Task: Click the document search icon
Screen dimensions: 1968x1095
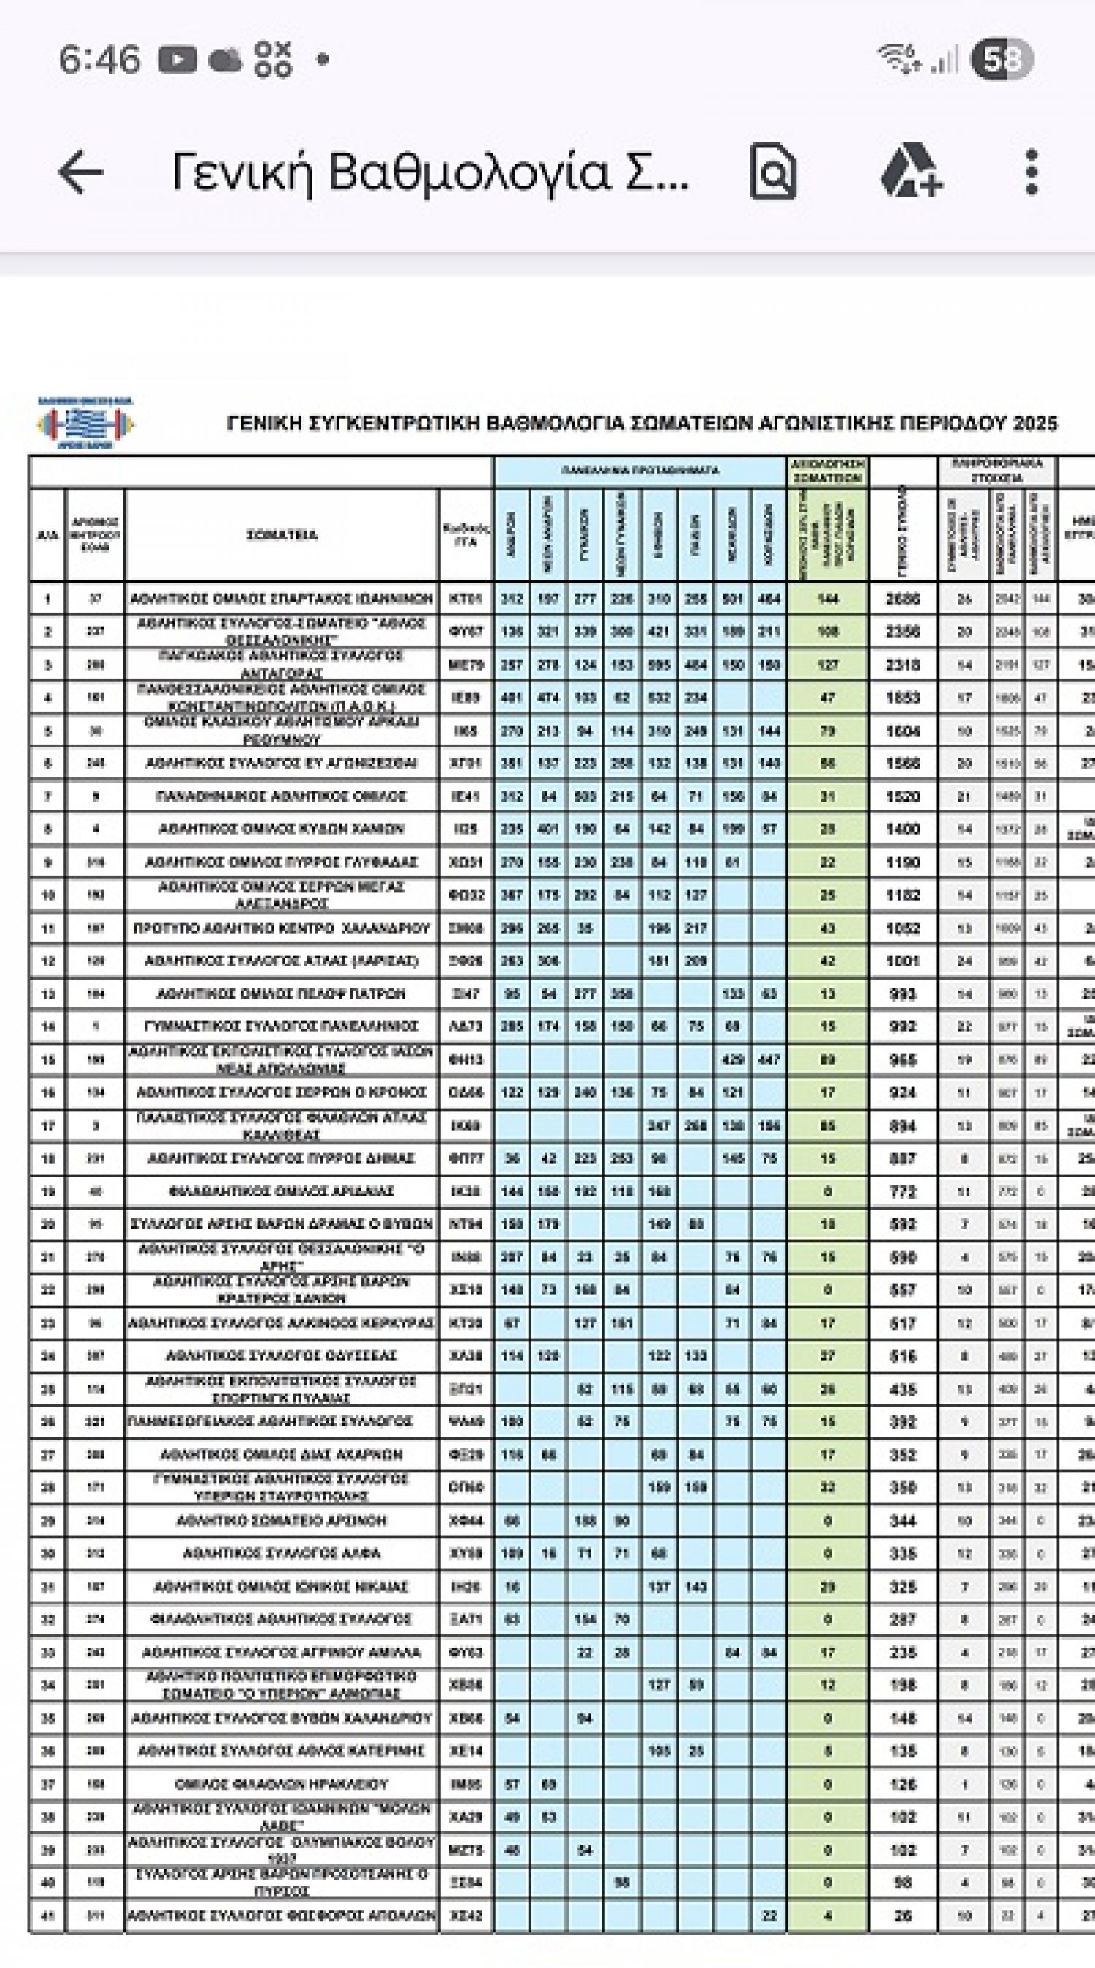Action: pos(772,172)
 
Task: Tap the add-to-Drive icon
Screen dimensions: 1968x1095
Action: pos(911,172)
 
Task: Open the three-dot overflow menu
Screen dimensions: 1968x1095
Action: pos(1031,172)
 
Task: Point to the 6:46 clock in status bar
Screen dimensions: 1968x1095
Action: pos(99,59)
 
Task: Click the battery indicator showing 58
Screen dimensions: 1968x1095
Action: pos(1002,59)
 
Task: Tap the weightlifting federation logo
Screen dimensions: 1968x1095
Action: pos(85,423)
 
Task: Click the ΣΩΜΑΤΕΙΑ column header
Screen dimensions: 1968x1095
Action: pos(281,535)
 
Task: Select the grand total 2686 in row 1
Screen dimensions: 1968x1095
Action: pos(902,599)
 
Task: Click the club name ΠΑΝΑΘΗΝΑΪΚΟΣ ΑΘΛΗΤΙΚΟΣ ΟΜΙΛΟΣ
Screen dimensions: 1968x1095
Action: pos(281,796)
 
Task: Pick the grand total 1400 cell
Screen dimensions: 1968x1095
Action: pos(902,829)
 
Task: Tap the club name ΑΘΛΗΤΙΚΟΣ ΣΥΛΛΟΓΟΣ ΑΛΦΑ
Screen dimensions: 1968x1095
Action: pos(281,1553)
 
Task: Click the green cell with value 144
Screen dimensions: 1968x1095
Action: pos(828,599)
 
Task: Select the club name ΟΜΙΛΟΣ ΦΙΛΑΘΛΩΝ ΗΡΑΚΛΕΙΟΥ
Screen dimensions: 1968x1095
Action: pos(281,1784)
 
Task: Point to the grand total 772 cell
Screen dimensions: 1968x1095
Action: pos(902,1191)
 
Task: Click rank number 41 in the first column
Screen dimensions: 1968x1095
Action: pos(47,1915)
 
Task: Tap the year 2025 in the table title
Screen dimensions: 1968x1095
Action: pos(1035,423)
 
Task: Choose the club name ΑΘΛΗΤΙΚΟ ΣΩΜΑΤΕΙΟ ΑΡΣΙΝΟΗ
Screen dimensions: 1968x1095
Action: pos(281,1521)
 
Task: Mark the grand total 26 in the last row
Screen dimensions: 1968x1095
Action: pos(902,1915)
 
